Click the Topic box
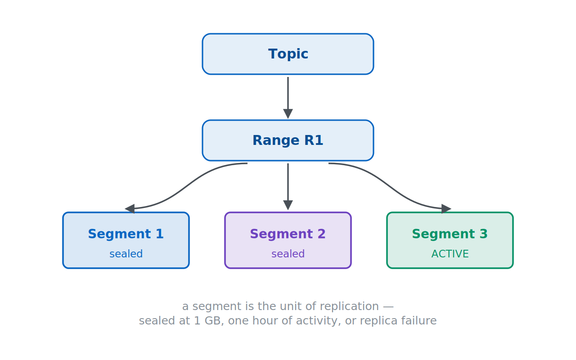tap(288, 54)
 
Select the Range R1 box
tap(288, 140)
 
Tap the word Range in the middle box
tap(276, 141)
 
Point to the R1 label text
tap(314, 140)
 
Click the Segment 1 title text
tap(126, 234)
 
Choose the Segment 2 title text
tap(288, 234)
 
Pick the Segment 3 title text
tap(450, 234)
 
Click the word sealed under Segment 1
tap(126, 254)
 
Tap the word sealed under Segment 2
tap(288, 254)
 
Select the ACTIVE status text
tap(450, 254)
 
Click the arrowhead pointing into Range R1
tap(288, 114)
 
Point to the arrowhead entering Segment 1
tap(130, 208)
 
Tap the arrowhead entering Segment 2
tap(288, 205)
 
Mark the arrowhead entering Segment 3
tap(446, 208)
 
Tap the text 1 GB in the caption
tap(207, 321)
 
